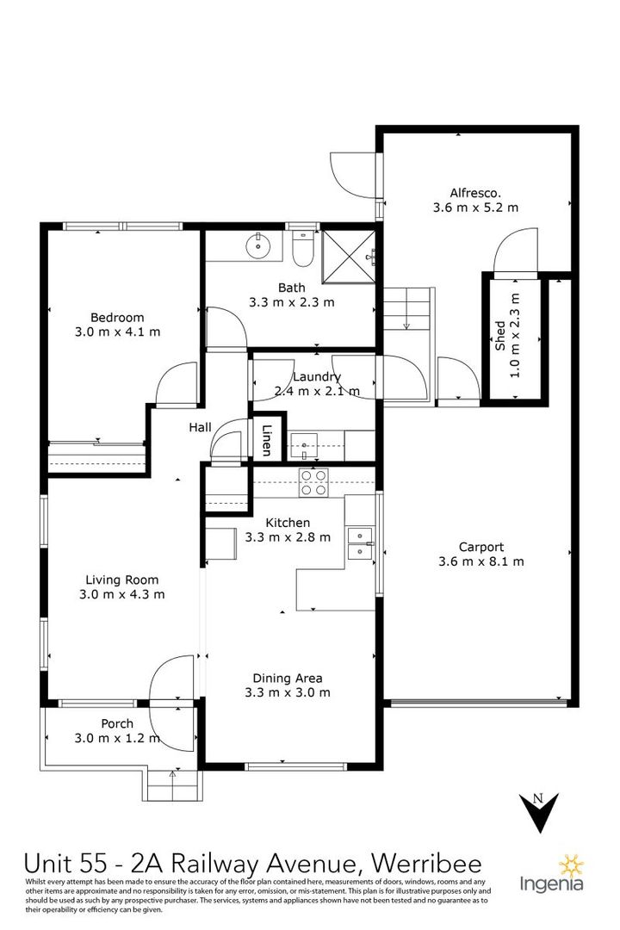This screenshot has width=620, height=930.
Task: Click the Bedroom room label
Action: point(117,317)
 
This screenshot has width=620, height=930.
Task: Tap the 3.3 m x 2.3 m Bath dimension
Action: point(291,302)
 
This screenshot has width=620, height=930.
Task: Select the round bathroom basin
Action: point(257,246)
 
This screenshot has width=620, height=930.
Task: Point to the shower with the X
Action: point(349,255)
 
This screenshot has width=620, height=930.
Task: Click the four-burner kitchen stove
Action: point(312,482)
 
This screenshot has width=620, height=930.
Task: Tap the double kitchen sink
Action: point(359,543)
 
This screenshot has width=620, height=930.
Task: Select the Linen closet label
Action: point(266,440)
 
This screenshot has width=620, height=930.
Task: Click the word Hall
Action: point(201,427)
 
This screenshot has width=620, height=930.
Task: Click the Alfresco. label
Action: point(475,192)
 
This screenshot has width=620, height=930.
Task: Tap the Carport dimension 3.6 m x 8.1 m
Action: point(480,561)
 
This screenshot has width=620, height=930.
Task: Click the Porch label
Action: point(117,722)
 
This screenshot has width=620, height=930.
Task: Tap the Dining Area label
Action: point(287,677)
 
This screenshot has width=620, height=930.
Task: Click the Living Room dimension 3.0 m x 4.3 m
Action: point(121,594)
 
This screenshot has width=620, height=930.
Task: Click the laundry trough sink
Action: point(305,445)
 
